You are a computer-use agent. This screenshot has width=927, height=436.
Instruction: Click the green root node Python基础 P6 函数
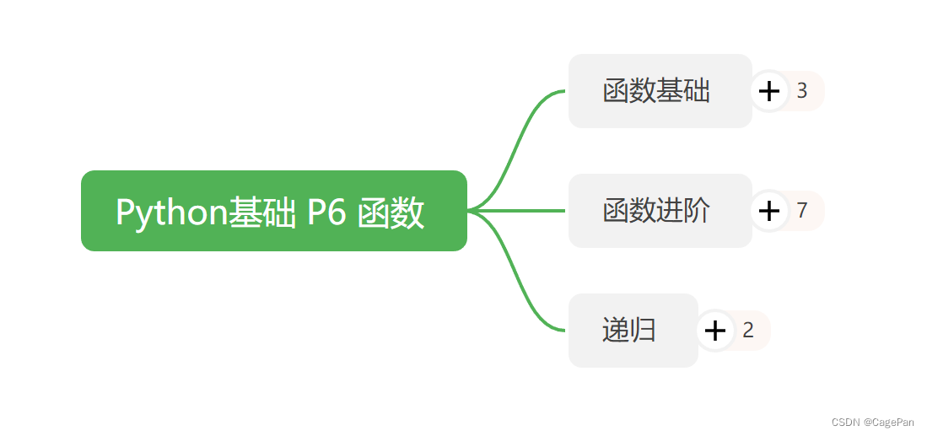(x=273, y=211)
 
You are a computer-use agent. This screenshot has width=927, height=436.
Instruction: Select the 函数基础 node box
(x=659, y=91)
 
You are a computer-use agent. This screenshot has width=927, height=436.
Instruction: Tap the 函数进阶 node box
(x=659, y=211)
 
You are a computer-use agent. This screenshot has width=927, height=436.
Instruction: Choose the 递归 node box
(x=632, y=331)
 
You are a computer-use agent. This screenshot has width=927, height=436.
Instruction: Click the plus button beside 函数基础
(x=768, y=91)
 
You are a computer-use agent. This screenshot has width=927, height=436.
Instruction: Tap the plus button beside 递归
(x=714, y=331)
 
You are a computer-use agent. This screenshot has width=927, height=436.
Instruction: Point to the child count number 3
(x=802, y=91)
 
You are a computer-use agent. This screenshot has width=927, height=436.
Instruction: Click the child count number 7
(x=802, y=211)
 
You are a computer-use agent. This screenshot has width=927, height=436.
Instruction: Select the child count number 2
(x=748, y=331)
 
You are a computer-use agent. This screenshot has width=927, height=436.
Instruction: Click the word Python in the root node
(x=172, y=213)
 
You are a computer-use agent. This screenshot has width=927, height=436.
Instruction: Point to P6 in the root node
(x=326, y=213)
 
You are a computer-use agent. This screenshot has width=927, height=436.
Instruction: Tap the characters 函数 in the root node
(x=391, y=213)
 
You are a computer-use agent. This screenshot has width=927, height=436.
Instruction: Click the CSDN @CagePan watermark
(x=872, y=422)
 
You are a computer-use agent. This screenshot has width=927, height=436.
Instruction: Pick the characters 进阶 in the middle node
(x=684, y=211)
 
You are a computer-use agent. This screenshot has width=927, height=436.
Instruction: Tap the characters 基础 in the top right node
(x=684, y=91)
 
